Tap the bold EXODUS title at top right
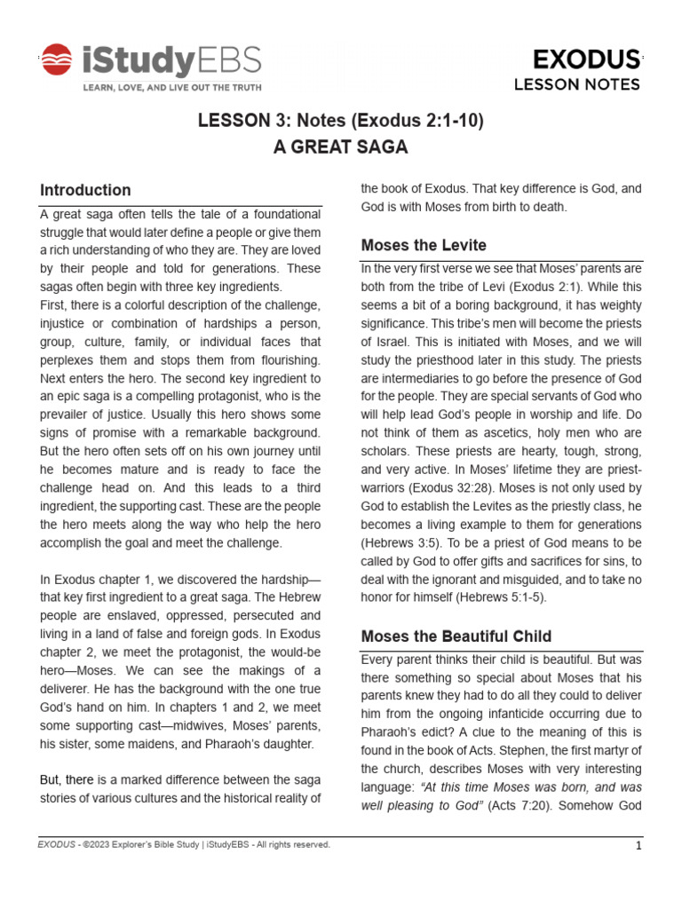click(x=585, y=59)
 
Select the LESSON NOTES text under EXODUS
click(x=577, y=85)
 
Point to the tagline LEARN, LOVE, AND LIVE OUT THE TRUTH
click(x=172, y=89)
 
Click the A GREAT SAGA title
click(x=340, y=148)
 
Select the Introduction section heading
click(x=85, y=190)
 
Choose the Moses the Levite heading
click(x=424, y=245)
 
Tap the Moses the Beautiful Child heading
click(x=456, y=636)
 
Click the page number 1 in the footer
click(x=638, y=846)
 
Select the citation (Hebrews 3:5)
click(x=399, y=541)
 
